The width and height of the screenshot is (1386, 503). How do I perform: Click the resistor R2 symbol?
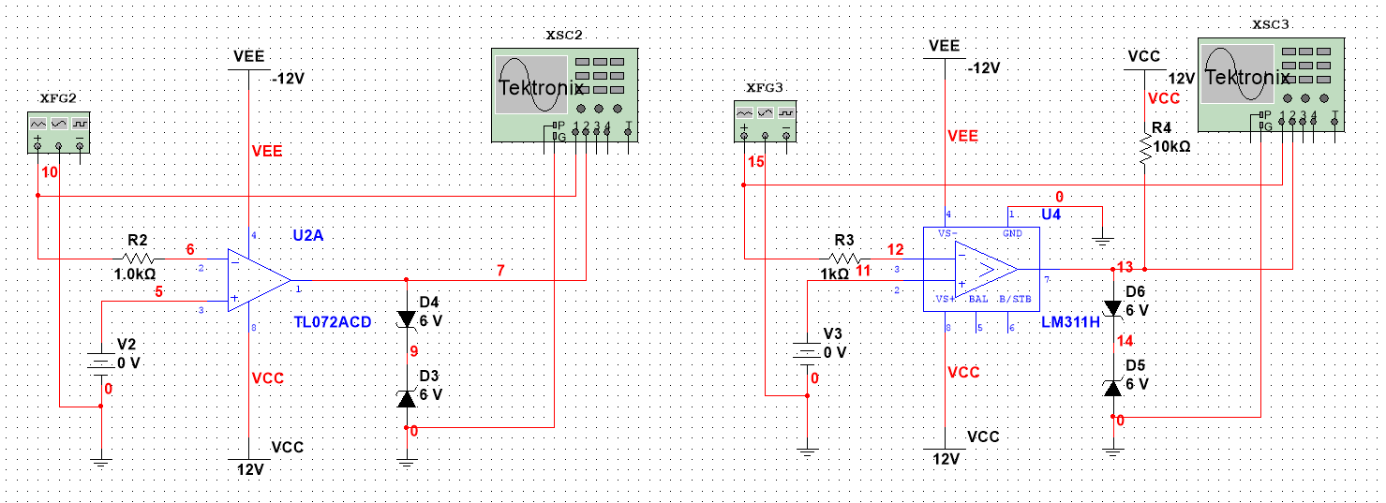coord(138,258)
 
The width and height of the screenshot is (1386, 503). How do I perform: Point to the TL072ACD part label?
coord(333,322)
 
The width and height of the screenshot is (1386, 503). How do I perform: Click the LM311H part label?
coord(1070,322)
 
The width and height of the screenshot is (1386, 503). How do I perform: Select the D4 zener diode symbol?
coord(406,319)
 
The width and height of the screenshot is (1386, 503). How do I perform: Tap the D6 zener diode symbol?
coord(1112,308)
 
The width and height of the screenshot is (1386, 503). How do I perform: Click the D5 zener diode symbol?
coord(1112,387)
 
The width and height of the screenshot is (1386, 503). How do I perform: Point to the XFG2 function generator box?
coord(59,130)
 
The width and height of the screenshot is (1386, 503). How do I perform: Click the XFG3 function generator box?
coord(765,122)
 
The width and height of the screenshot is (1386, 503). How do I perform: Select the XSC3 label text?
coord(1270,22)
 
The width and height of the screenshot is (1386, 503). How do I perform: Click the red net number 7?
coord(500,271)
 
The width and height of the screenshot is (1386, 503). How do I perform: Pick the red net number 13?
coord(1125,268)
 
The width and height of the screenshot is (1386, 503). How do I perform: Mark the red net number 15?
coord(756,162)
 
